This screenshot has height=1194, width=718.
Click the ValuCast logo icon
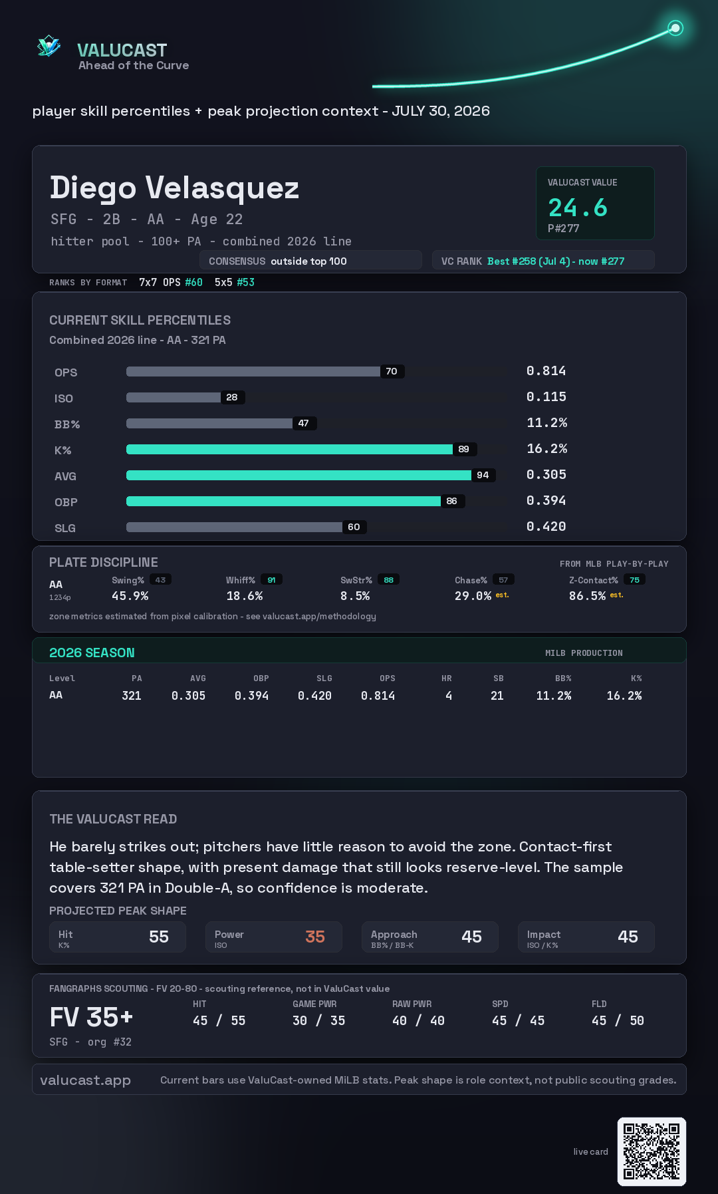[x=49, y=46]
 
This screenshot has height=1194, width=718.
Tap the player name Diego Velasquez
[x=174, y=188]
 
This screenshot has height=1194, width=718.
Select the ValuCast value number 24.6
[x=578, y=208]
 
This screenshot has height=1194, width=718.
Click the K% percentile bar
[x=290, y=449]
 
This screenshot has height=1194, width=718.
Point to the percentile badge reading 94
[x=483, y=475]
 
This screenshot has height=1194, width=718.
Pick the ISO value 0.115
[x=546, y=397]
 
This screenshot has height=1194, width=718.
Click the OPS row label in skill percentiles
[x=66, y=373]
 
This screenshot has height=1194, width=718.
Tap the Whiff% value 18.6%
[x=245, y=596]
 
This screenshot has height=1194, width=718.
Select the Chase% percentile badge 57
[x=503, y=580]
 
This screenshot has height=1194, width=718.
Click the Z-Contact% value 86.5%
[x=587, y=596]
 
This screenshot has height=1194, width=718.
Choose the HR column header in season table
[x=447, y=678]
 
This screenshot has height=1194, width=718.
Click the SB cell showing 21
[x=497, y=696]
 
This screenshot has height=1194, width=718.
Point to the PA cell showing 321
[x=132, y=696]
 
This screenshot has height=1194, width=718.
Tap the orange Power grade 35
[x=315, y=937]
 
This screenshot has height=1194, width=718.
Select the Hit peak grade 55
[x=159, y=937]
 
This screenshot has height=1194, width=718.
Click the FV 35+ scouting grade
[x=91, y=1017]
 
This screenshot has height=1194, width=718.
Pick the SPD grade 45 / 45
[x=519, y=1020]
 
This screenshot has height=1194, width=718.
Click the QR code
[x=652, y=1151]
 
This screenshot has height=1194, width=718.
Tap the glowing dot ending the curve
[x=675, y=28]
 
